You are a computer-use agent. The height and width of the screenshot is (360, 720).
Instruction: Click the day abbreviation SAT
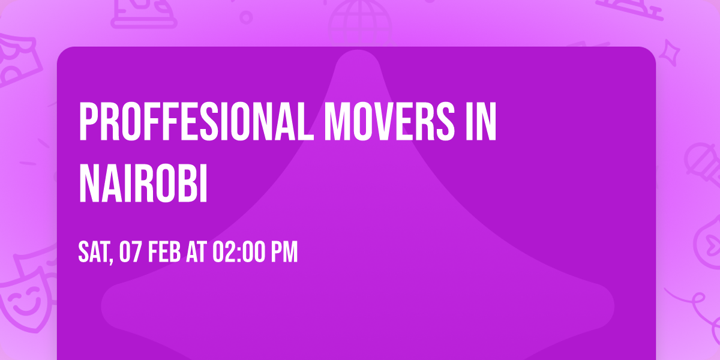pos(93,253)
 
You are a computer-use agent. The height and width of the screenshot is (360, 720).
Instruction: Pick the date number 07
pos(131,253)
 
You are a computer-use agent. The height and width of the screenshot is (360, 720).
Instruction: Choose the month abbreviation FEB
pos(165,253)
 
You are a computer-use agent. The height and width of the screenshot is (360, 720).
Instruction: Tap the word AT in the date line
pos(196,253)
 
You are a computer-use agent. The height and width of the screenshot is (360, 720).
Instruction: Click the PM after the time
pos(284,253)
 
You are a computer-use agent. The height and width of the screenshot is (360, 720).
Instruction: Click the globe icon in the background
pos(359,18)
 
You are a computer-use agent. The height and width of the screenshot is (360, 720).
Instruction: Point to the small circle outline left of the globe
pos(245,17)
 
